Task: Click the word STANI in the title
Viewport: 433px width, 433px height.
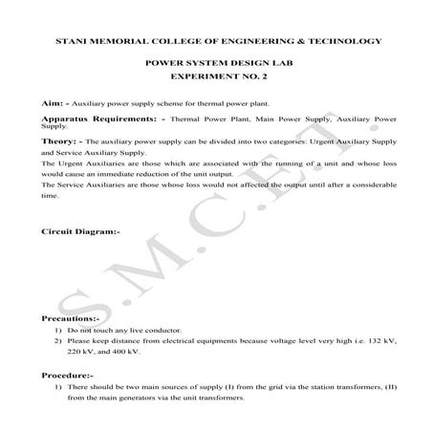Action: coord(75,41)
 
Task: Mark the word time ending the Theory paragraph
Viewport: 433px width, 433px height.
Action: coord(51,195)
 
